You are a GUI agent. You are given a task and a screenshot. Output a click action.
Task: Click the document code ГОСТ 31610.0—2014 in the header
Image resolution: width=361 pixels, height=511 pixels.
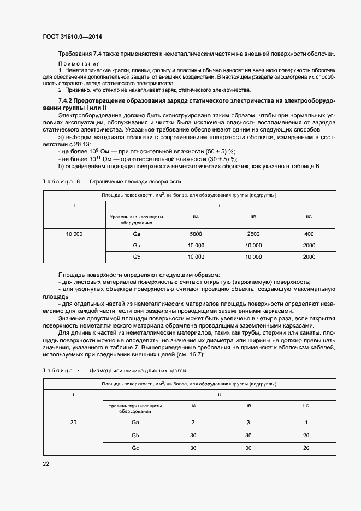(x=72, y=37)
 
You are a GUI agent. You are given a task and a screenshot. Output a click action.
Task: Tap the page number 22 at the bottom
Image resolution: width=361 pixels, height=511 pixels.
(x=46, y=464)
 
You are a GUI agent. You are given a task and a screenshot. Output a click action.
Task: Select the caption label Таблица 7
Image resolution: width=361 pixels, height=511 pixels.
(x=60, y=371)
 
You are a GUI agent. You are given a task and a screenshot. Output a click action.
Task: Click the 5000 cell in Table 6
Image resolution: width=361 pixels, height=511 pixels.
(x=196, y=234)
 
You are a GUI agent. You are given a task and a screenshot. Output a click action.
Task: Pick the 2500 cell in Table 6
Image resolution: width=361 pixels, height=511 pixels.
(x=253, y=234)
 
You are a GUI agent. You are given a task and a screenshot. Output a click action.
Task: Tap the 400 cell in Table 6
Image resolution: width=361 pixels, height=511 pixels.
(x=309, y=234)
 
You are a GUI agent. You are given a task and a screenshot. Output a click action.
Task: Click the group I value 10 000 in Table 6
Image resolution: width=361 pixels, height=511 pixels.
(x=74, y=234)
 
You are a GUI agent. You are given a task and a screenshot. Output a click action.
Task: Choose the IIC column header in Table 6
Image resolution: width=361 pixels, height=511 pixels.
(x=309, y=217)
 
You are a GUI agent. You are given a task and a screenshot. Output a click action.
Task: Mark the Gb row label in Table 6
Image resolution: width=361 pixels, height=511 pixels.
(x=137, y=245)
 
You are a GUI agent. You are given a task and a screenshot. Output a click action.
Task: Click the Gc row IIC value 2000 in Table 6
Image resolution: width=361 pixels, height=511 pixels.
(x=309, y=257)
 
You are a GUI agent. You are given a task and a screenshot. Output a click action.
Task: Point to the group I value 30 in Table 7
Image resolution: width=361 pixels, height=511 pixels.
(x=74, y=423)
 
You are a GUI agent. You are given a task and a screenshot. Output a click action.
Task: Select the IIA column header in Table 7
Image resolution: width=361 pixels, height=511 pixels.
(x=193, y=406)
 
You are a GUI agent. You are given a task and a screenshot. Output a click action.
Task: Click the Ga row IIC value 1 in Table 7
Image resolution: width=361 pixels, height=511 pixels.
(x=306, y=423)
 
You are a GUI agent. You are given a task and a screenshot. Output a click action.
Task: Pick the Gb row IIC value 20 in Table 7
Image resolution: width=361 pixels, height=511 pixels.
(x=306, y=435)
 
